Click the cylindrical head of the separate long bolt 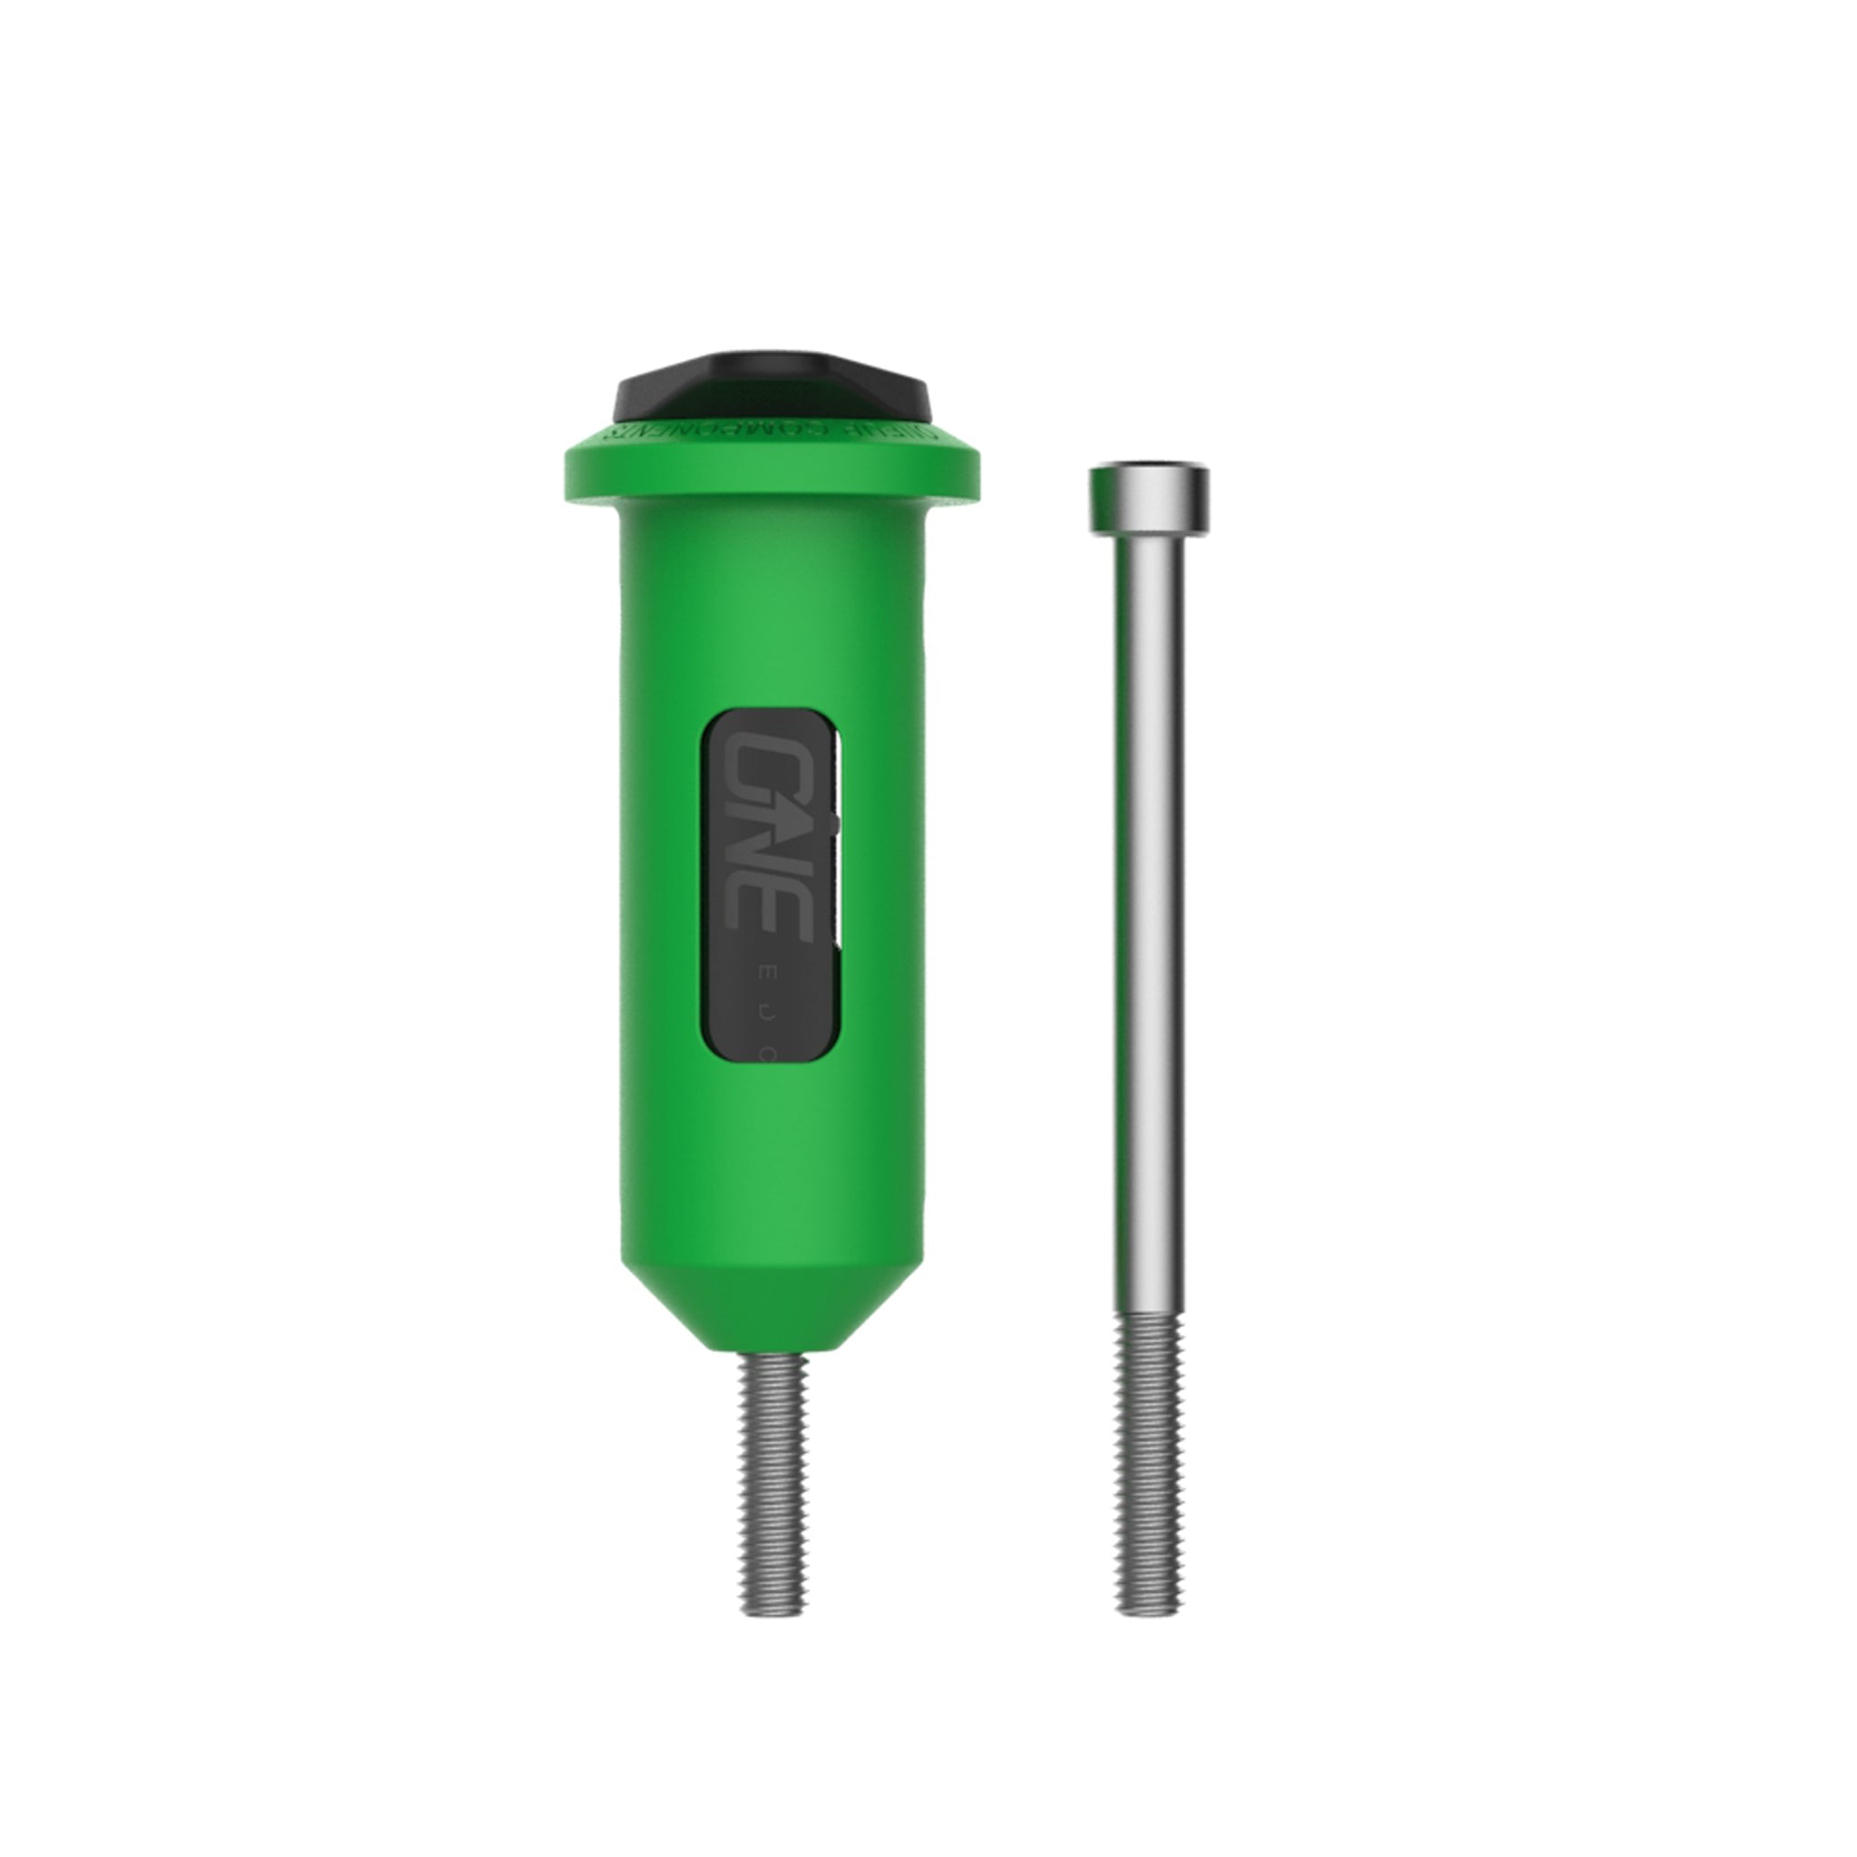click(x=1148, y=500)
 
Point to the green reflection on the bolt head click(x=1101, y=500)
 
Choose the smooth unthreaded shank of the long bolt click(x=1148, y=913)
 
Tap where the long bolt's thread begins click(x=1148, y=1317)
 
